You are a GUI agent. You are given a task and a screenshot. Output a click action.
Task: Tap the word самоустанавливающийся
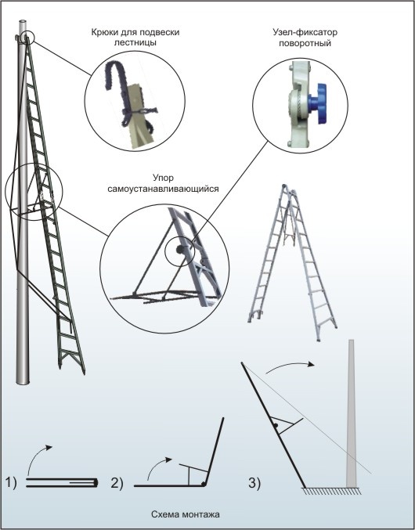[163, 189]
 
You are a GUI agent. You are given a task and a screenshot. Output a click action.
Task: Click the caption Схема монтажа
[186, 514]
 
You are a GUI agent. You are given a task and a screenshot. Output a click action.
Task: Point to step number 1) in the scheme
[11, 483]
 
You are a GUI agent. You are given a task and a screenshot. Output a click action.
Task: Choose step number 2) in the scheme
[117, 483]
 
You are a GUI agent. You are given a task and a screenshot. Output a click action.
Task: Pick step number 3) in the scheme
[254, 483]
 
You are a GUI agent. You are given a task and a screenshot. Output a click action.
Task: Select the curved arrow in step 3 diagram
[290, 364]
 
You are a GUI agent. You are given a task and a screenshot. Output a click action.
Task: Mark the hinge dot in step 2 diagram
[204, 484]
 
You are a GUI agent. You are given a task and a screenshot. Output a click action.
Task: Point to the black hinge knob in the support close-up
[179, 250]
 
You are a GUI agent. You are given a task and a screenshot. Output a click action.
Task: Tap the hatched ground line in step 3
[331, 491]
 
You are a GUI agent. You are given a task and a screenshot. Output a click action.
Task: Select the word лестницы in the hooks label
[135, 43]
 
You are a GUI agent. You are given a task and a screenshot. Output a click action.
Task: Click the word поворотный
[305, 44]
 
